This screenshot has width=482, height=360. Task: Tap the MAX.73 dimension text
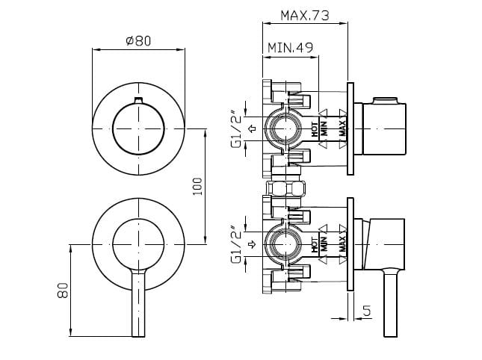pyautogui.click(x=305, y=15)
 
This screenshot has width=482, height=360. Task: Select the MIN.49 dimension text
pyautogui.click(x=290, y=49)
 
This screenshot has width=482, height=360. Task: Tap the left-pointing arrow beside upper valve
pyautogui.click(x=252, y=129)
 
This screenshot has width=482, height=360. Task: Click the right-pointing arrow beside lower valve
pyautogui.click(x=252, y=244)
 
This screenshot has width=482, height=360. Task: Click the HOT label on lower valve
pyautogui.click(x=315, y=243)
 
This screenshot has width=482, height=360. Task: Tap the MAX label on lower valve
pyautogui.click(x=342, y=243)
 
